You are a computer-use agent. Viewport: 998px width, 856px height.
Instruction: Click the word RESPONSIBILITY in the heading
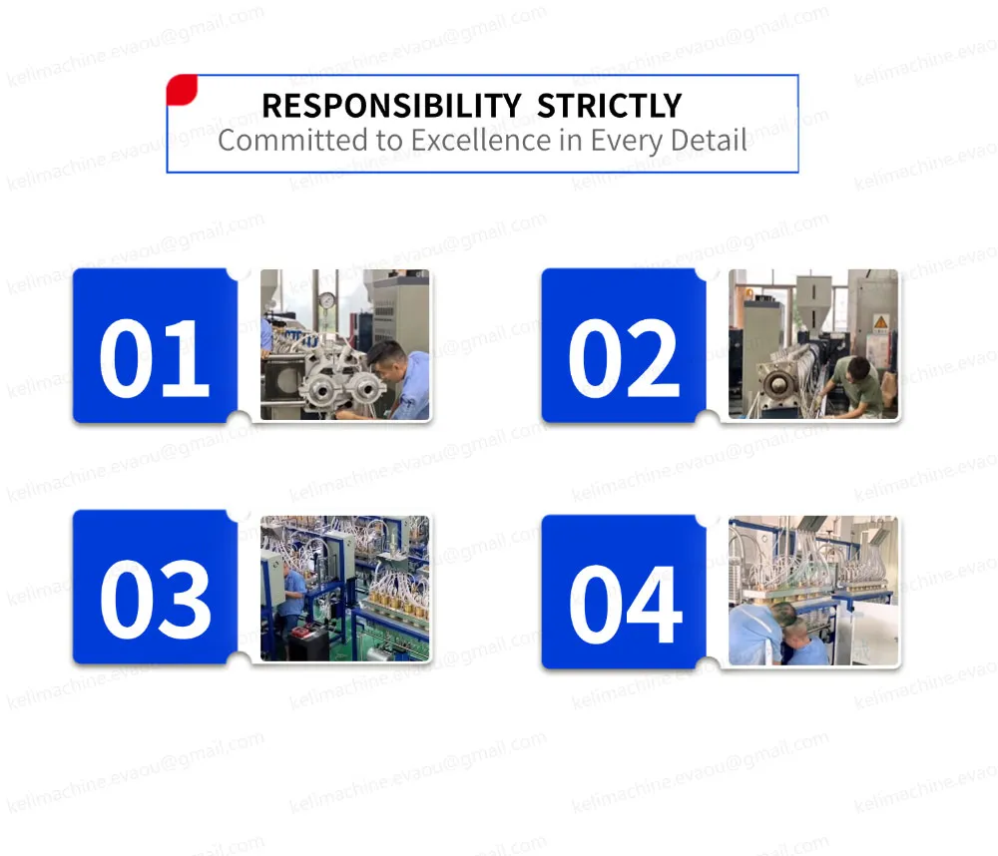point(390,106)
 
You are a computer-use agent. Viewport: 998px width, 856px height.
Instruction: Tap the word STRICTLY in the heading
point(609,106)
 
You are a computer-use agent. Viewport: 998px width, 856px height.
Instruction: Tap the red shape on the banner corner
point(181,90)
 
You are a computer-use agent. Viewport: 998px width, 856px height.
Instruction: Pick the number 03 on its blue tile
point(155,600)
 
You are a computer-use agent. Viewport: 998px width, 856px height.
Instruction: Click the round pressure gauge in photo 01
point(326,300)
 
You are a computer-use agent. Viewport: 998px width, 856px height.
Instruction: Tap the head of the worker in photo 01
point(386,355)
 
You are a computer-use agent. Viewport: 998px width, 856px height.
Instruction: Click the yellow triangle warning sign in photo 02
point(879,321)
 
